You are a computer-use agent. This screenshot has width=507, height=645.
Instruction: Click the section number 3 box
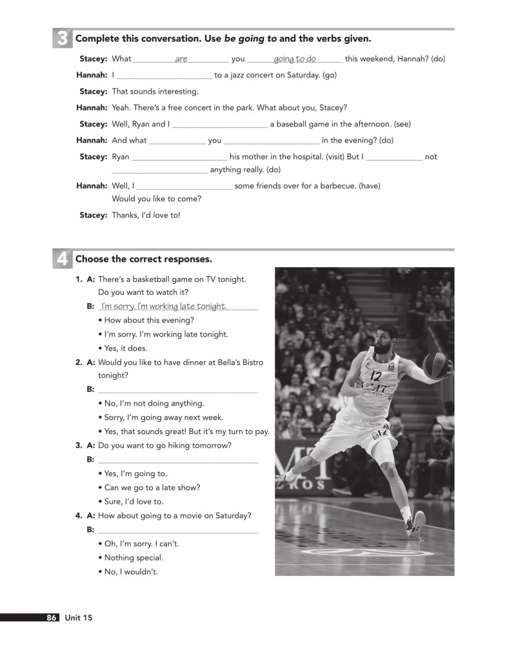pyautogui.click(x=62, y=39)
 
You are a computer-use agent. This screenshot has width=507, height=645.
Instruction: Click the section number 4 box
pyautogui.click(x=62, y=259)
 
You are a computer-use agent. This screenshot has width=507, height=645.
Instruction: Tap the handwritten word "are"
pyautogui.click(x=181, y=59)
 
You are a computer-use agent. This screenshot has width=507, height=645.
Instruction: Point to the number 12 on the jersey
pyautogui.click(x=377, y=376)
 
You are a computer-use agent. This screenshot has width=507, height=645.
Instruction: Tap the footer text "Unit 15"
pyautogui.click(x=78, y=618)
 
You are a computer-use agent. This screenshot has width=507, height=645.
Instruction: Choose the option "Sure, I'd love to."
pyautogui.click(x=134, y=501)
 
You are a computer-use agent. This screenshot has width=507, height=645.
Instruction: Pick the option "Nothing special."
pyautogui.click(x=134, y=557)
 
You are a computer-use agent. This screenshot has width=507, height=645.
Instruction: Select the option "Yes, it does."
pyautogui.click(x=126, y=348)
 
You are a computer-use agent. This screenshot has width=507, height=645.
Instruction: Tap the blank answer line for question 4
pyautogui.click(x=177, y=530)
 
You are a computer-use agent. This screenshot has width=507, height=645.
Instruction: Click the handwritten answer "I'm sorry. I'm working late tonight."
pyautogui.click(x=164, y=306)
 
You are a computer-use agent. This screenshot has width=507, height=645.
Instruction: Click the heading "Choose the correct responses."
pyautogui.click(x=143, y=259)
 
